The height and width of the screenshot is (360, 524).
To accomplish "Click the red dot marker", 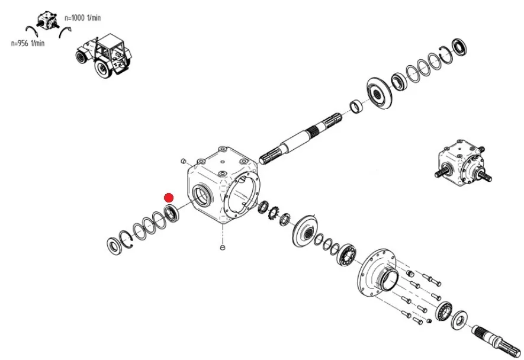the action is (x=169, y=198).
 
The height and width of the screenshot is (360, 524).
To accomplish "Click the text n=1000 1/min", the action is (x=82, y=18).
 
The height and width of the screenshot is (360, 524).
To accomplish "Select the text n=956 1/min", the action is (x=28, y=43).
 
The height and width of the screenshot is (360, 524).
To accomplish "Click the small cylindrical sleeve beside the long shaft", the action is (x=356, y=107).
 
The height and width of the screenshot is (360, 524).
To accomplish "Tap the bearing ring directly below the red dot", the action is (x=172, y=213).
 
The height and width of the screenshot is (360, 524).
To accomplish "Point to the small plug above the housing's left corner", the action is (x=183, y=160).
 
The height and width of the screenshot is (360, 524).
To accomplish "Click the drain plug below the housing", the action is (x=222, y=247).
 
